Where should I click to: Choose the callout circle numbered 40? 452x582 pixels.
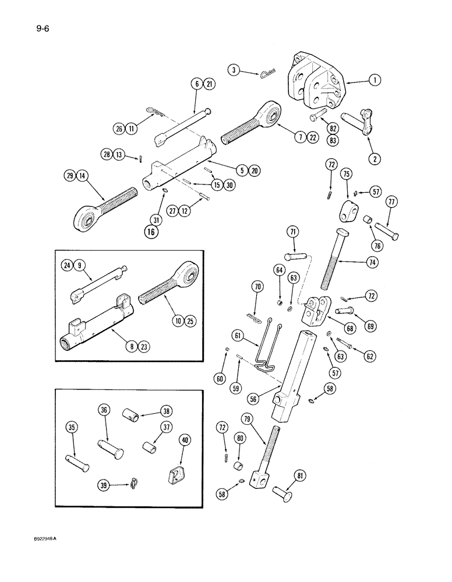(185, 440)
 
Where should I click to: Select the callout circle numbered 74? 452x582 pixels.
(372, 262)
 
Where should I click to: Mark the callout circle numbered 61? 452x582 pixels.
(237, 335)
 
